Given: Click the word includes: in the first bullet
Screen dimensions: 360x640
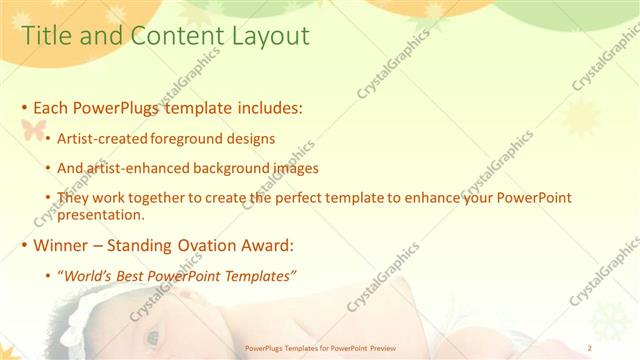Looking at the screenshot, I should [266, 106].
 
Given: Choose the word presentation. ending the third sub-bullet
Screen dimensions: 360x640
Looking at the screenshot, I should [101, 214].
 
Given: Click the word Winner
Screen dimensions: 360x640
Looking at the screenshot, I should [61, 245].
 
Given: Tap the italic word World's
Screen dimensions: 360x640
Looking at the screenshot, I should [87, 276].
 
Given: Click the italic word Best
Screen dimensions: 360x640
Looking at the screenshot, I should [133, 276].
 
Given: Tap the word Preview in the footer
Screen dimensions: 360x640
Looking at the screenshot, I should [381, 349].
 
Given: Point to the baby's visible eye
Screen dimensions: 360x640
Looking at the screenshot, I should [152, 337].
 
